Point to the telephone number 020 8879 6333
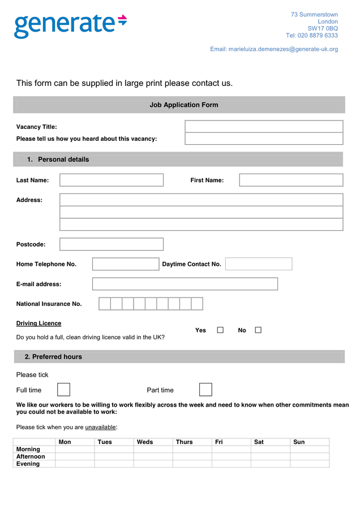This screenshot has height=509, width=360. tap(318, 36)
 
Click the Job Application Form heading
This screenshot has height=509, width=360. tap(183, 105)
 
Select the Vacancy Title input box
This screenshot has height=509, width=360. tap(264, 126)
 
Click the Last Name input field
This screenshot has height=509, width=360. tap(112, 180)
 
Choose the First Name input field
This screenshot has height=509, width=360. tap(291, 180)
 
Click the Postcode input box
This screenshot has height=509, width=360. tap(112, 244)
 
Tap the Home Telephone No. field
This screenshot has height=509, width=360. tap(126, 264)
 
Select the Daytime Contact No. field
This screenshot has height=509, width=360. tap(259, 264)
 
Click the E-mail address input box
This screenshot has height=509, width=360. tap(185, 284)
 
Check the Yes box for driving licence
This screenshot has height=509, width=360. tap(220, 330)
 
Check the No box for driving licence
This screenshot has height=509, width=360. tap(258, 330)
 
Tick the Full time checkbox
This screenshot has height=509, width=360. tap(64, 390)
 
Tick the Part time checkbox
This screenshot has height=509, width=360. tap(205, 390)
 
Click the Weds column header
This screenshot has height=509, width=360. tap(145, 442)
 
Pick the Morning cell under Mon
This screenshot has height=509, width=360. tap(75, 449)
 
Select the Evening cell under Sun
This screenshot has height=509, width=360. tap(310, 464)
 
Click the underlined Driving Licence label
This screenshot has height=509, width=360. tap(38, 323)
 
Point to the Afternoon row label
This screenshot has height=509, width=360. tap(31, 456)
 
